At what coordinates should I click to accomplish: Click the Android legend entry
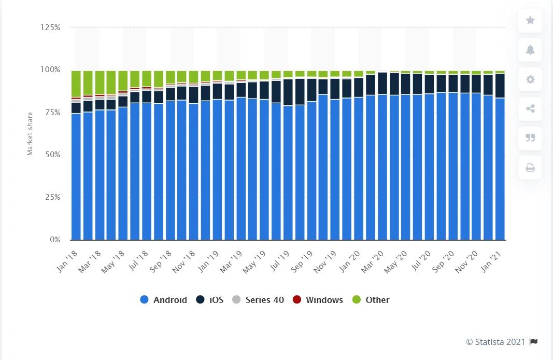click(x=164, y=300)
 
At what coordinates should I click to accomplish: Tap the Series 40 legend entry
click(x=258, y=300)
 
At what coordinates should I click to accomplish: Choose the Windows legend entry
click(x=318, y=300)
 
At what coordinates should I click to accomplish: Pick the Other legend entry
click(x=371, y=300)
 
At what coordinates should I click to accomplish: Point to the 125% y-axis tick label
click(x=51, y=27)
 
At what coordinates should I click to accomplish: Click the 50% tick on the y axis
click(x=53, y=155)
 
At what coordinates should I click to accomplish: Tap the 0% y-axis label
click(x=55, y=240)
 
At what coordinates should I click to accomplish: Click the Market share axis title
click(x=30, y=134)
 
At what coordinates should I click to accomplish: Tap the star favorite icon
click(x=530, y=21)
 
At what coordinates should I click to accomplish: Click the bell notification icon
click(x=530, y=50)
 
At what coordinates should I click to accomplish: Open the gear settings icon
click(x=530, y=79)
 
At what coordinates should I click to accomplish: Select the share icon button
click(x=530, y=108)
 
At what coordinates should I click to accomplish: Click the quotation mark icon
click(x=530, y=138)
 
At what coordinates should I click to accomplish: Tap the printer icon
click(x=530, y=168)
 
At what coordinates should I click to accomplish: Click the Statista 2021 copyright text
click(x=495, y=342)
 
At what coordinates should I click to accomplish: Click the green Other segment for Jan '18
click(x=76, y=84)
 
